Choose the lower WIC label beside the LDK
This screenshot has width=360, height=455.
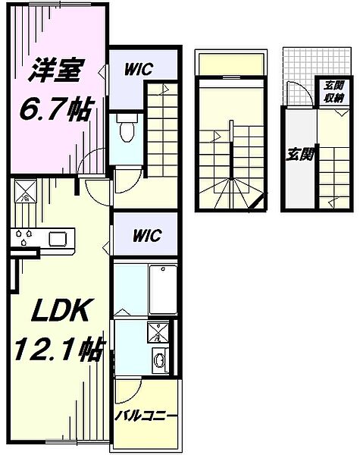pyautogui.click(x=142, y=234)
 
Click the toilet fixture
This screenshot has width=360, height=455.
pyautogui.click(x=127, y=129)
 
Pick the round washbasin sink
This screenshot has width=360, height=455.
pyautogui.click(x=160, y=359)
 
